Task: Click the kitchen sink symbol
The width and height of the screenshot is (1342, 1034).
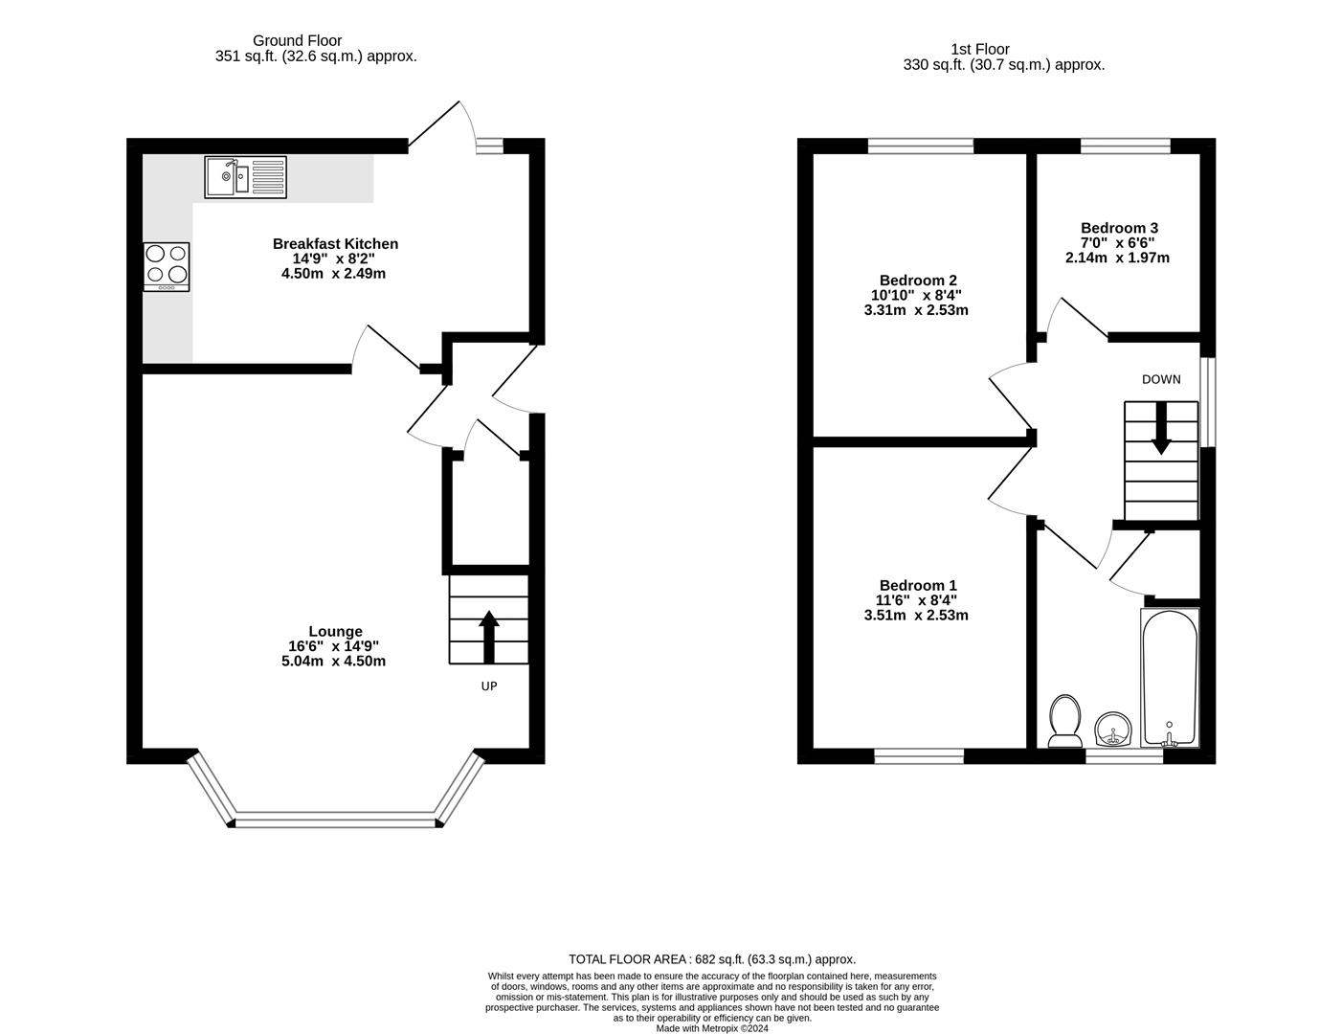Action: click(x=245, y=176)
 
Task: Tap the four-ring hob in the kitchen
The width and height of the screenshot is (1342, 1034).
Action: click(x=167, y=266)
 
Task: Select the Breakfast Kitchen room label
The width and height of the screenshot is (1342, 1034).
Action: click(x=335, y=244)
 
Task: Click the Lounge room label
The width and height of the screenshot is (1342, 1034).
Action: click(x=335, y=631)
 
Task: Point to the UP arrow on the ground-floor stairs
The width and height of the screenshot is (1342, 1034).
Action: click(x=488, y=636)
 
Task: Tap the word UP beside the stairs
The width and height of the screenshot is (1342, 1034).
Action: click(x=488, y=686)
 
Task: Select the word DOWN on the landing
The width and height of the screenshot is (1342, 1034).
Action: click(x=1161, y=379)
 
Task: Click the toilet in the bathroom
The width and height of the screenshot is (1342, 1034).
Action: click(x=1064, y=721)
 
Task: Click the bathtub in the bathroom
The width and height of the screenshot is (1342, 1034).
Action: click(x=1169, y=678)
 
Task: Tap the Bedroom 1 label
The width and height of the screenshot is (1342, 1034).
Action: click(x=917, y=585)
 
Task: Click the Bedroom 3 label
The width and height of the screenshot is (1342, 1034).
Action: click(x=1118, y=228)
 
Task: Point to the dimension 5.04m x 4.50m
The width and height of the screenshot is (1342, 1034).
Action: click(x=335, y=661)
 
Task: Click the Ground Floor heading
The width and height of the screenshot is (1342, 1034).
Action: click(x=297, y=40)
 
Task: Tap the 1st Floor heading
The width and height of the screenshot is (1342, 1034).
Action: click(x=979, y=49)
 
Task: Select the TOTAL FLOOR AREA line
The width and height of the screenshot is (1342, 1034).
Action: click(x=711, y=958)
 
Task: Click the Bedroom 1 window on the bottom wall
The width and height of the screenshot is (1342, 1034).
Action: click(x=918, y=755)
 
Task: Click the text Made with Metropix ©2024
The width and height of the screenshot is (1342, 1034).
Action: click(x=711, y=1028)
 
